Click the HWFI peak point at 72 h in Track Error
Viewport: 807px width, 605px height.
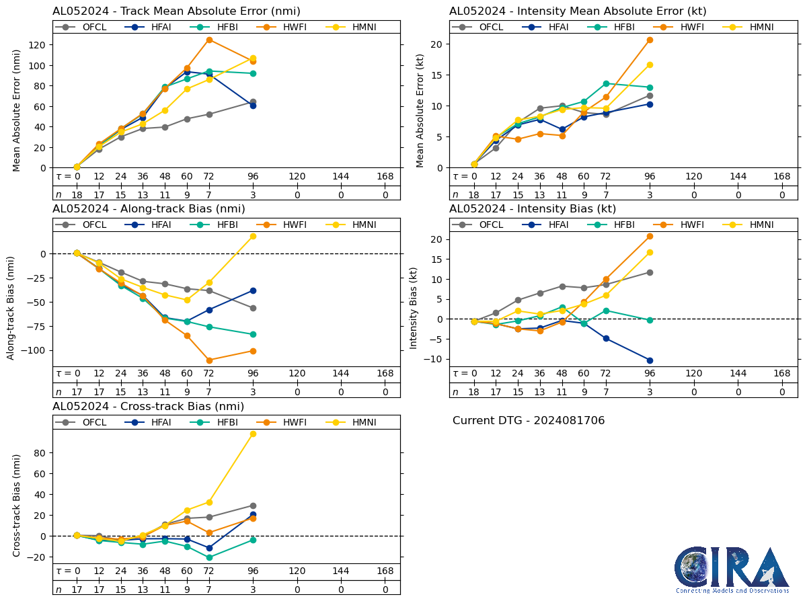point(209,40)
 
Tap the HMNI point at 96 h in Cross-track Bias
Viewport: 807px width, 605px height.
point(253,434)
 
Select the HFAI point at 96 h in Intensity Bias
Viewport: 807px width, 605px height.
point(650,360)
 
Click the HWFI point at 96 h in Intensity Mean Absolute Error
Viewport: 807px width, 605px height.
point(650,40)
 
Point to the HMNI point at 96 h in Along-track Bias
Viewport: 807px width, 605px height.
point(253,236)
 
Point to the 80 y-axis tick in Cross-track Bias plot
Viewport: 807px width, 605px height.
point(41,453)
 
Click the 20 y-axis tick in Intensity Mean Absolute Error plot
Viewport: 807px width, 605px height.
point(438,44)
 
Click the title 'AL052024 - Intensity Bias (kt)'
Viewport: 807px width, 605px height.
point(533,209)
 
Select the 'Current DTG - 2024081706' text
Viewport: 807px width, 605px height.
point(529,421)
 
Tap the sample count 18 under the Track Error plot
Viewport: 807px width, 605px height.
point(77,194)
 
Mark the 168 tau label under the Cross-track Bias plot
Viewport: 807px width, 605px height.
point(385,571)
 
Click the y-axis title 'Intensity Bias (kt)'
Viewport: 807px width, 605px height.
point(414,299)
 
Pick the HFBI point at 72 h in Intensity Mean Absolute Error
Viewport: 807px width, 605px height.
point(606,83)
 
